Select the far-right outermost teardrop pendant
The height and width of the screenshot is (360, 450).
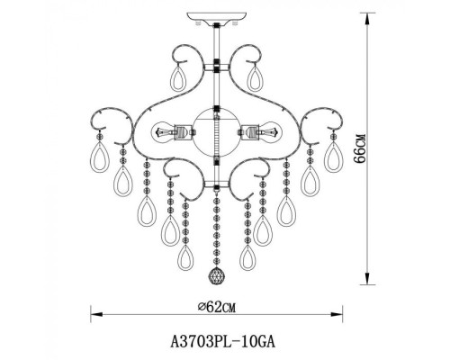pyautogui.click(x=336, y=163)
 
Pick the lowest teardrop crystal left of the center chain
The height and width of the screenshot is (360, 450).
pyautogui.click(x=187, y=258)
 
